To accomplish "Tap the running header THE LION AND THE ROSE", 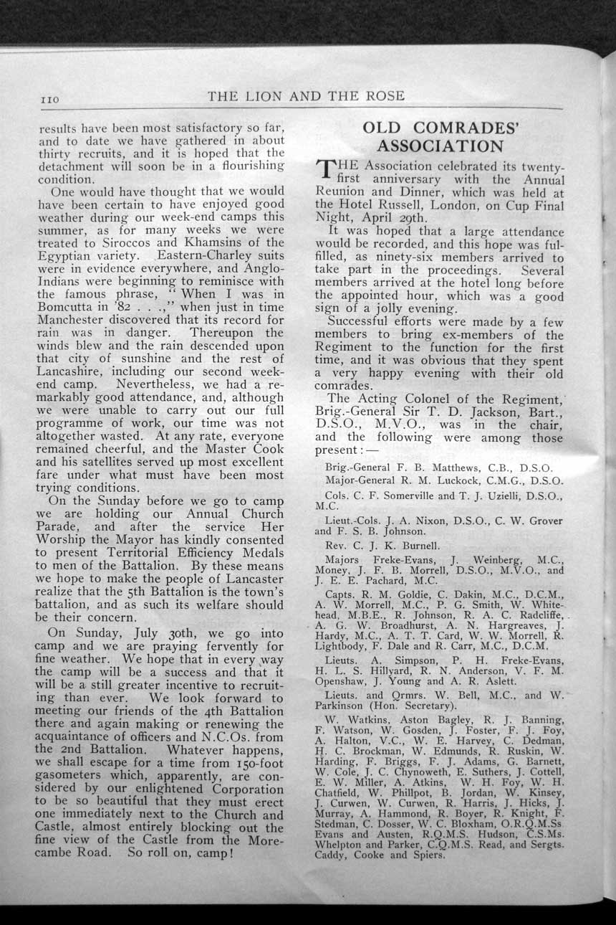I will point(306,95).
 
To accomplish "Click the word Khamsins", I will point(219,242).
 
